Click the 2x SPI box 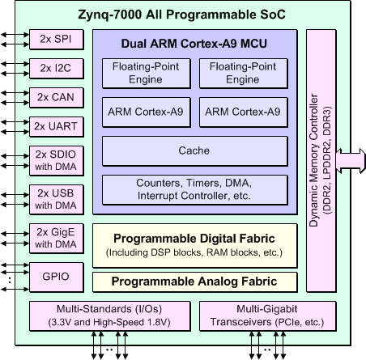click(57, 40)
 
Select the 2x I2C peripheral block click(57, 69)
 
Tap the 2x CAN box click(57, 98)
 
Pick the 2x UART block click(57, 127)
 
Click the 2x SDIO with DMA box click(57, 161)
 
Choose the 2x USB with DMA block click(57, 200)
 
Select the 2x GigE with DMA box click(57, 239)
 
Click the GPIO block click(57, 277)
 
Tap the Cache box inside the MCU click(195, 151)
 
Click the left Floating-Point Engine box click(147, 74)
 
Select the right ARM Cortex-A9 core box click(244, 112)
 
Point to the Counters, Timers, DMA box click(195, 190)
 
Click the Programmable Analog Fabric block click(195, 282)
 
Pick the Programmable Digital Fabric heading click(194, 239)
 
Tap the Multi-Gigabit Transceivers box click(268, 316)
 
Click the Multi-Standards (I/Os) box click(110, 316)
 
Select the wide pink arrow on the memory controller click(351, 161)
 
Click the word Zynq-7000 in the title click(109, 15)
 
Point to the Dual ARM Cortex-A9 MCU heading click(194, 44)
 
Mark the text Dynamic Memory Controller click(313, 160)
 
